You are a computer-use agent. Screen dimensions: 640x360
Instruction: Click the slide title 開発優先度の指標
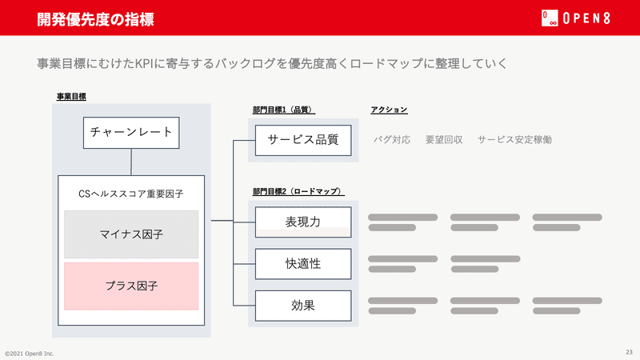coord(95,19)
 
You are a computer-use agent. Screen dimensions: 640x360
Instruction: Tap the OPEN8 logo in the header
coord(576,18)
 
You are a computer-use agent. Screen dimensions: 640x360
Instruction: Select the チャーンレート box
coord(131,133)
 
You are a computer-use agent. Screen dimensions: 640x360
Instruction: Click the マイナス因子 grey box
coord(131,234)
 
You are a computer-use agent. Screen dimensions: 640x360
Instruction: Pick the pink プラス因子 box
coord(131,286)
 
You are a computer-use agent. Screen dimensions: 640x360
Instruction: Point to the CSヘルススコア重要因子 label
coord(131,194)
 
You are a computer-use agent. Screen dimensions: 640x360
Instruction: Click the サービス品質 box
coord(303,140)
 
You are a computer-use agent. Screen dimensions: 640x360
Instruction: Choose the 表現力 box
coord(303,222)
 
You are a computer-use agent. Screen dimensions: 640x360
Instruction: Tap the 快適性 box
coord(303,264)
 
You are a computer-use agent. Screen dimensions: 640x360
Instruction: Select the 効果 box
coord(303,306)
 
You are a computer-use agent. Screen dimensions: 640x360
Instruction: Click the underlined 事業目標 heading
coord(71,97)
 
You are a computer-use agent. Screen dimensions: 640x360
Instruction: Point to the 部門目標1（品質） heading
coord(284,110)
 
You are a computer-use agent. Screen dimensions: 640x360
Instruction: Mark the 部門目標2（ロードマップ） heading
coord(298,191)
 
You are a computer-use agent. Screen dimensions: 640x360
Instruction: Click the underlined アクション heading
coord(389,110)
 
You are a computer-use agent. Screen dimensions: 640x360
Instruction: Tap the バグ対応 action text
coord(392,139)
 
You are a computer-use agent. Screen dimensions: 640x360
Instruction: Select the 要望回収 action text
coord(444,139)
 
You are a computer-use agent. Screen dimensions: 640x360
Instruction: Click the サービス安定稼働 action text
coord(514,139)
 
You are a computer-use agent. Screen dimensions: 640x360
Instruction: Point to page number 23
coord(629,352)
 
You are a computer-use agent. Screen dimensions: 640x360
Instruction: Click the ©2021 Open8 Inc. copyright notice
coord(30,354)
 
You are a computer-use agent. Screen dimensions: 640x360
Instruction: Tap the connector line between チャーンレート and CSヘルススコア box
coord(131,162)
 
